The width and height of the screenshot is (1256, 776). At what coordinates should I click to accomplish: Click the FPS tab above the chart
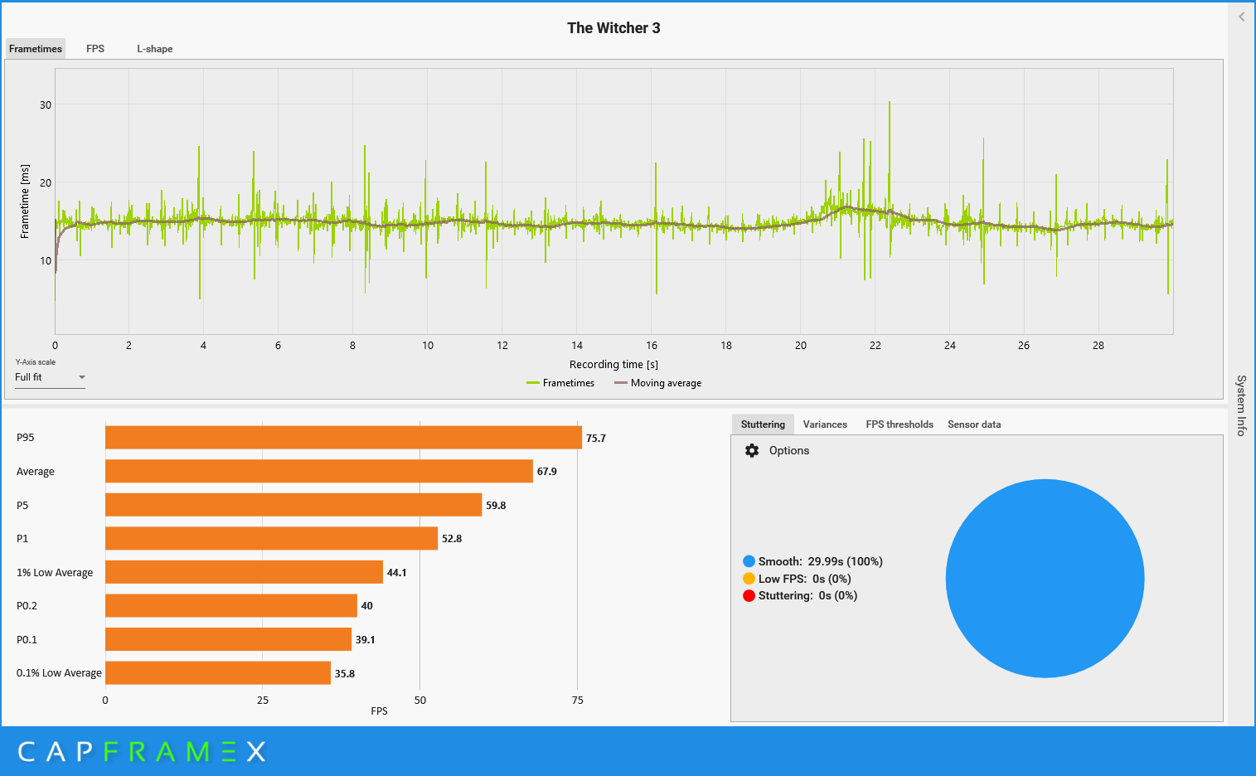(x=95, y=49)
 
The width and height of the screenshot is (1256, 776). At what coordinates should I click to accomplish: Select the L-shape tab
(x=155, y=49)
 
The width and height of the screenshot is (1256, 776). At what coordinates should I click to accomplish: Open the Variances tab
(x=825, y=424)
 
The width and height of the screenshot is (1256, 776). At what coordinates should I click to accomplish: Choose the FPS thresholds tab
(x=900, y=424)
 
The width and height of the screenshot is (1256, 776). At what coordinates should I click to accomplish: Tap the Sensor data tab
(x=974, y=424)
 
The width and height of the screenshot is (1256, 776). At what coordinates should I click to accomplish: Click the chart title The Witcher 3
(x=613, y=28)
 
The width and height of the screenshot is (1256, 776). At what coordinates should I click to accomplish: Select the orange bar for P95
(x=343, y=438)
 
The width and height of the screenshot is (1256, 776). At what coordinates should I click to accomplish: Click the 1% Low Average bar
(x=244, y=572)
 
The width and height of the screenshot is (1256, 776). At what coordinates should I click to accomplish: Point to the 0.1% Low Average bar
(x=217, y=673)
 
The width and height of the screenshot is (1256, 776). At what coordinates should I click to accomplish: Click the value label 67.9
(x=547, y=472)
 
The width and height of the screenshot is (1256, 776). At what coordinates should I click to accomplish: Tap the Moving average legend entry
(x=658, y=383)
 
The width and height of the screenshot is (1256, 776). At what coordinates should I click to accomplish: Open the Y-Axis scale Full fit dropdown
(x=50, y=377)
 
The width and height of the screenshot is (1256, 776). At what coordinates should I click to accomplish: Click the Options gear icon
(x=752, y=451)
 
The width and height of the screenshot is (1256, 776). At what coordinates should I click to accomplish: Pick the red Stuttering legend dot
(x=749, y=596)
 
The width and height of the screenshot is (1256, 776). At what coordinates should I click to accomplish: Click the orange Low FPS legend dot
(x=749, y=579)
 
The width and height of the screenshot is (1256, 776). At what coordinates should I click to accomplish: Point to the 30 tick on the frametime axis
(x=46, y=105)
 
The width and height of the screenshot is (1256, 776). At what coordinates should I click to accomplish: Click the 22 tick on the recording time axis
(x=875, y=346)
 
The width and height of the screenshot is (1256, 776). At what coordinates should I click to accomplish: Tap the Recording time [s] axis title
(x=613, y=365)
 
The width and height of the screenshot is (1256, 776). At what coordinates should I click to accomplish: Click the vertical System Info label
(x=1241, y=405)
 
